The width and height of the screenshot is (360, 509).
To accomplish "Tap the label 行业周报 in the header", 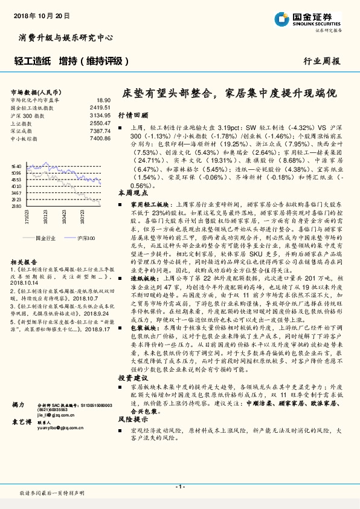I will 321,61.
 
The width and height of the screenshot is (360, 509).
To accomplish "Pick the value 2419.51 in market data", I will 101,107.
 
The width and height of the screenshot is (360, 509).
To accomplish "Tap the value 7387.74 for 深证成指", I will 101,131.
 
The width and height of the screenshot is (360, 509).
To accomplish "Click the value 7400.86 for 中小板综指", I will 101,138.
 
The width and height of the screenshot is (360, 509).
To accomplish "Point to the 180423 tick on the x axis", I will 64,216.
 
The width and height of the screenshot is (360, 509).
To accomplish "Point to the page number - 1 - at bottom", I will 179,487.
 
